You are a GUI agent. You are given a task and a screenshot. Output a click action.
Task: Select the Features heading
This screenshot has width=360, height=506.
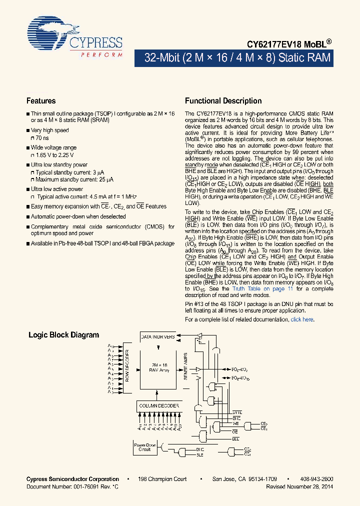point(41,101)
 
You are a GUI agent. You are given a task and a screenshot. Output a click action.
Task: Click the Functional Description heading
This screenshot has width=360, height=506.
point(223,101)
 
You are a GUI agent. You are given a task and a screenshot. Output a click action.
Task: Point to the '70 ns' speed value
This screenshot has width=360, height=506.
point(42,138)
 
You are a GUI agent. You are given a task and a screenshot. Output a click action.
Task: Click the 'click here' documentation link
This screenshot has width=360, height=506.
point(302,319)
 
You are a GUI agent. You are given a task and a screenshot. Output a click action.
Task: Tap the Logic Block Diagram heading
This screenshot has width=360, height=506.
point(63,335)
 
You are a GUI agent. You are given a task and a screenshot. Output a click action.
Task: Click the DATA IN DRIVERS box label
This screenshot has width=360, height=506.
point(158,336)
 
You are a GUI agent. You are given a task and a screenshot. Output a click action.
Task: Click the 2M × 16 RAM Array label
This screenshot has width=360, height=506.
point(159,367)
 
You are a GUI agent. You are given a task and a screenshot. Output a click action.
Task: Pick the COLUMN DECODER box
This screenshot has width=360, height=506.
point(158,405)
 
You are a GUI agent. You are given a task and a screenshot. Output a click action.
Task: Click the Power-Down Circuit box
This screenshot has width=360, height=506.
point(144,447)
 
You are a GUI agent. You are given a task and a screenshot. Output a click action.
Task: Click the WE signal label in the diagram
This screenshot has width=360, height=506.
point(235,424)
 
